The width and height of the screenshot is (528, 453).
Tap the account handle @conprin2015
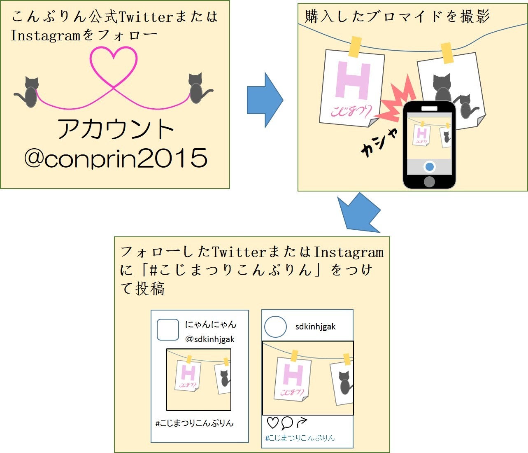point(116,158)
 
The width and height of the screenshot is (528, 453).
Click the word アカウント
point(116,129)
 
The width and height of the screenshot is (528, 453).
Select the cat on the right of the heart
point(198,88)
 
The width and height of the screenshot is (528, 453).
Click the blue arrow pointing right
point(265,100)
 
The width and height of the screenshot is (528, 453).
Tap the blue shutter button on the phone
point(430,167)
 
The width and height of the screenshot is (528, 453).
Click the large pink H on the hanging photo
point(353,80)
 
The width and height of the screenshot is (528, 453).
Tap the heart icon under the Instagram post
point(272,423)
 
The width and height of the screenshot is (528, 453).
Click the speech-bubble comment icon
point(287,423)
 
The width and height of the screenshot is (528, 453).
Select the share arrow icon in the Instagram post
point(302,423)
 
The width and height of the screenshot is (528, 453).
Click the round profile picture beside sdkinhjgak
point(275,327)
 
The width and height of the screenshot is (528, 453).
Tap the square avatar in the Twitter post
point(168,329)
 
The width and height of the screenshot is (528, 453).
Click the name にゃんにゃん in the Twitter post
point(211,325)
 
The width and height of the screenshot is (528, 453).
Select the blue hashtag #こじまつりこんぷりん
point(300,438)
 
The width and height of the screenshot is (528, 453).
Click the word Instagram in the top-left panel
point(45,36)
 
